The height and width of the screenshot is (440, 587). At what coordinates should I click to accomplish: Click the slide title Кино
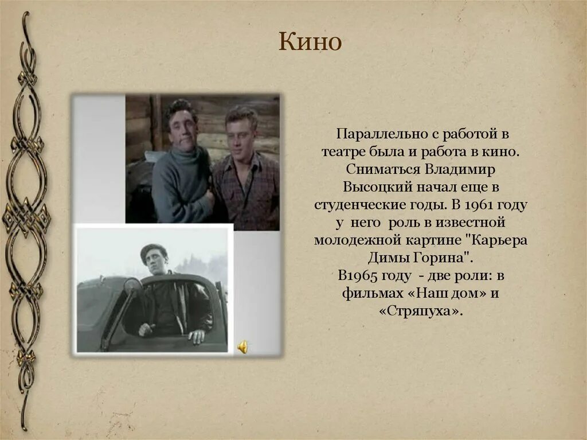[x=310, y=42]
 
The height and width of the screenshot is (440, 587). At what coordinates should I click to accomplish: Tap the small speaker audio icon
[x=243, y=347]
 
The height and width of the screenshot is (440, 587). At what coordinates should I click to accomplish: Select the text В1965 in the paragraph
[x=356, y=275]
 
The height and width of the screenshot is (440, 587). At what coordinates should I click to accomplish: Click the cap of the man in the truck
[x=154, y=250]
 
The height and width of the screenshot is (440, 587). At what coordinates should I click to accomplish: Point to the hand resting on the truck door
[x=197, y=336]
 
